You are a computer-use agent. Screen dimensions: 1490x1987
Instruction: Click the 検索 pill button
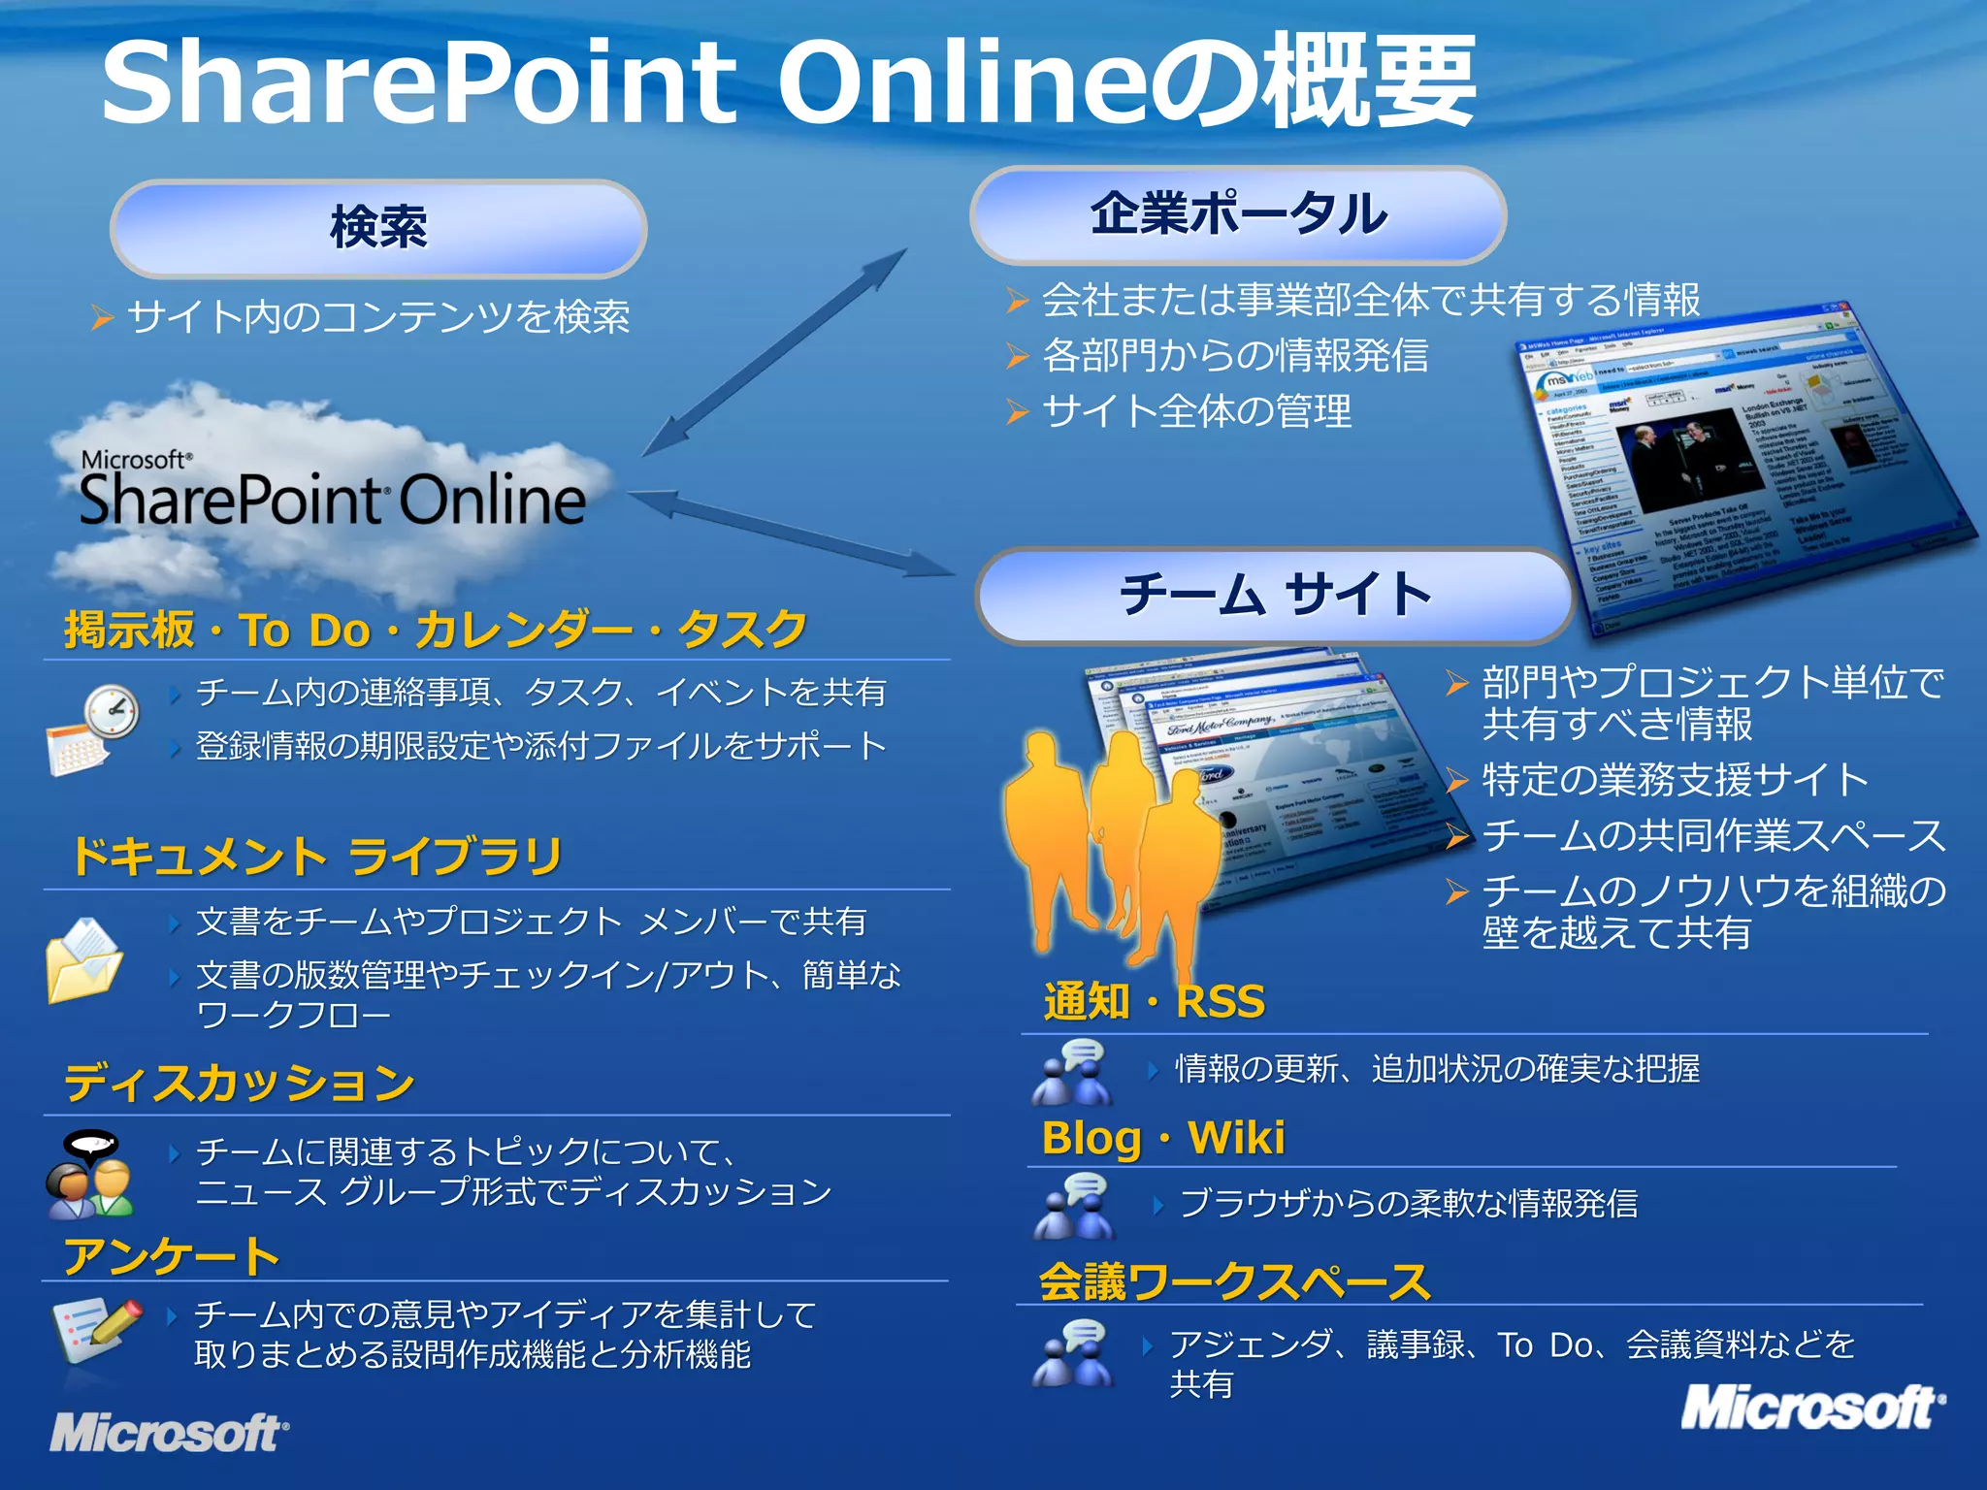(378, 229)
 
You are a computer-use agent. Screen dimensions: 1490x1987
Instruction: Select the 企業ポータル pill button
(1238, 214)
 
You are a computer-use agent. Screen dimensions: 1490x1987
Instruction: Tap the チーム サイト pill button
(1275, 595)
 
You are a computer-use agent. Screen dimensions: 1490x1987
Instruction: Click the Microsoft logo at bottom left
(169, 1432)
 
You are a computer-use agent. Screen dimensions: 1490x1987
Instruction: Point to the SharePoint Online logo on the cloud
(333, 493)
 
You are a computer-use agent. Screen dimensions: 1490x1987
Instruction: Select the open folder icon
(84, 960)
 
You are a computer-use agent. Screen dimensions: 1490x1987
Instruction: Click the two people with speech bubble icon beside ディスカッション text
(89, 1174)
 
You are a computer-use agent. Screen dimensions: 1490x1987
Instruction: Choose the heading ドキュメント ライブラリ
(317, 857)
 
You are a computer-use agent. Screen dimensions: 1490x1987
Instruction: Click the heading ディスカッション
(240, 1083)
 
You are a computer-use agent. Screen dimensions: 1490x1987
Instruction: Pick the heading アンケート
(172, 1256)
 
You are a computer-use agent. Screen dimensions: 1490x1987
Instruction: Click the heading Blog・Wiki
(1162, 1138)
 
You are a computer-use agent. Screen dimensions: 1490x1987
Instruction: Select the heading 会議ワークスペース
(1234, 1281)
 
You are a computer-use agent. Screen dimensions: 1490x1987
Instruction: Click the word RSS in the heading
(1221, 1001)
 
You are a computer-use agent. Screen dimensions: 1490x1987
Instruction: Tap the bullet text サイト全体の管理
(1196, 411)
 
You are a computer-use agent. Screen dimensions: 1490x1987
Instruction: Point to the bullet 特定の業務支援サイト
(1675, 780)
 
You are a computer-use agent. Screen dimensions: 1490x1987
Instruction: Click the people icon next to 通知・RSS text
(1071, 1073)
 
